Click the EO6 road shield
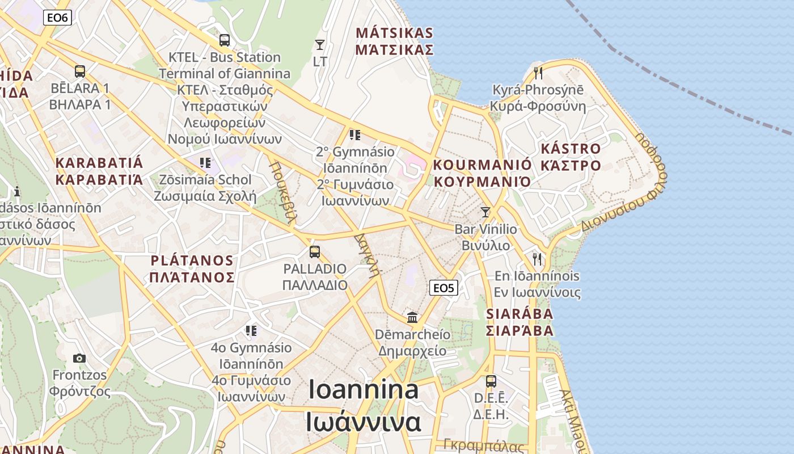(57, 18)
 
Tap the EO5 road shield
(444, 288)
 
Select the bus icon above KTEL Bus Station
(225, 40)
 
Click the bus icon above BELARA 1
(80, 72)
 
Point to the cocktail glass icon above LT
(320, 44)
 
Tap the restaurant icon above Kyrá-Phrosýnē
(538, 73)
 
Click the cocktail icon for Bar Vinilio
(485, 212)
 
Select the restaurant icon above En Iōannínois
(537, 259)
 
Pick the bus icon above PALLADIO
(315, 251)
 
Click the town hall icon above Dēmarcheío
(412, 317)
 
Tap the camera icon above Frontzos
(79, 358)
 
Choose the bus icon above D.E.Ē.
(491, 381)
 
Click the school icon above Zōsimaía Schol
(205, 163)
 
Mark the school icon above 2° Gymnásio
(355, 134)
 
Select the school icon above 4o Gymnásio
(251, 330)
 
